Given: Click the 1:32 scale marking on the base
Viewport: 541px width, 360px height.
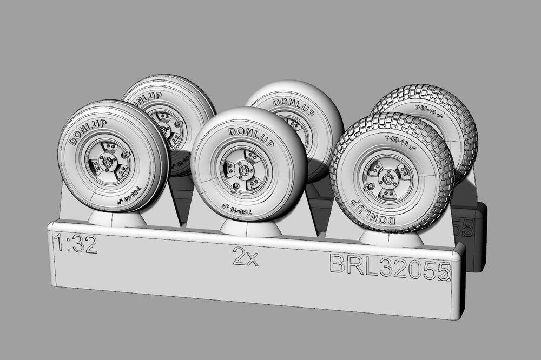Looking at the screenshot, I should point(76,244).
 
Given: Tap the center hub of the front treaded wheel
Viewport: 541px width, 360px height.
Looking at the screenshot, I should point(387,178).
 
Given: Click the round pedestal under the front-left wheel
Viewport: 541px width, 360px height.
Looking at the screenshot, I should point(117,218).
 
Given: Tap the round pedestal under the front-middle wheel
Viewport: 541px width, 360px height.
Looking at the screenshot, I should point(250,228).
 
